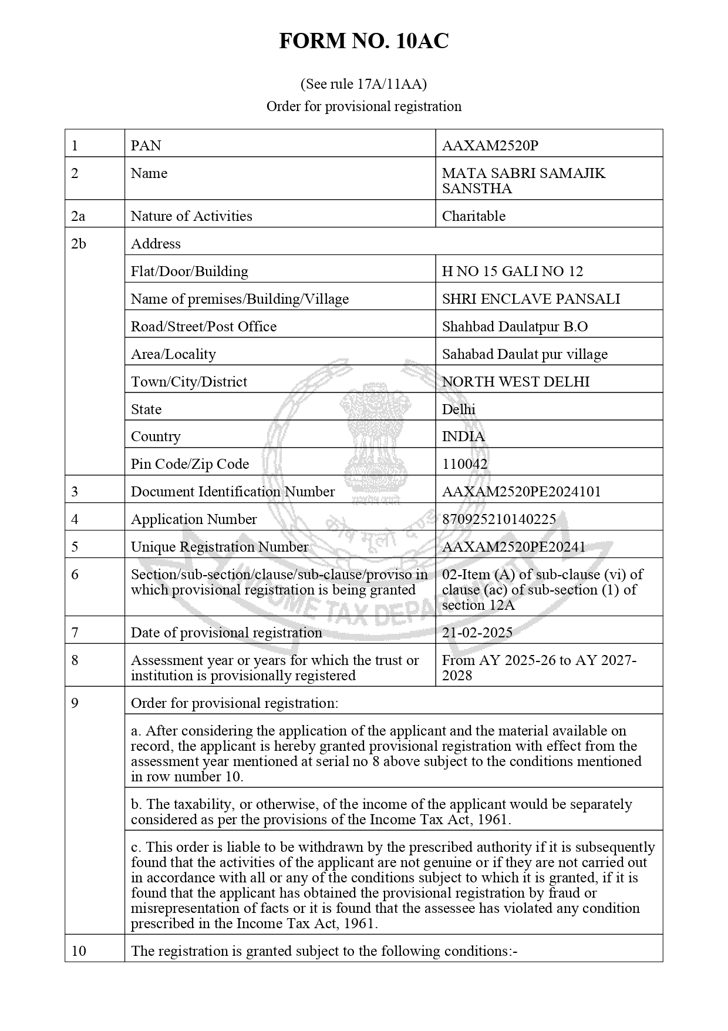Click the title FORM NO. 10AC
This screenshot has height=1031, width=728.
pyautogui.click(x=363, y=41)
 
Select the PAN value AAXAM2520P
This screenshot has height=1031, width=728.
pyautogui.click(x=490, y=146)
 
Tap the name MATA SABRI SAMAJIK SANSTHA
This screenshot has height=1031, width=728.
pyautogui.click(x=523, y=181)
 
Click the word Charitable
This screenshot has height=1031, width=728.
pyautogui.click(x=473, y=216)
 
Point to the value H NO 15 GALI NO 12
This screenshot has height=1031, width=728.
pyautogui.click(x=513, y=271)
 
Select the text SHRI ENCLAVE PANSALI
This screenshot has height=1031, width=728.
pyautogui.click(x=531, y=299)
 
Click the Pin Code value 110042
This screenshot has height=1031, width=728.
pyautogui.click(x=464, y=464)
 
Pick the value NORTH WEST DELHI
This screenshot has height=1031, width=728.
pyautogui.click(x=515, y=382)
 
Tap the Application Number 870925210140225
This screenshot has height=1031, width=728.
pyautogui.click(x=498, y=519)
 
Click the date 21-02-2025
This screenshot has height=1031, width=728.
pyautogui.click(x=477, y=633)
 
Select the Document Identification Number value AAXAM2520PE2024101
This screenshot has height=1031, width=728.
pyautogui.click(x=521, y=492)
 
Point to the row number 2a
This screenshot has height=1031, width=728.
pyautogui.click(x=78, y=216)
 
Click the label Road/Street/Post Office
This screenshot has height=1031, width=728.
pyautogui.click(x=203, y=327)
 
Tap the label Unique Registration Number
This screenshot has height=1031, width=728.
pyautogui.click(x=219, y=547)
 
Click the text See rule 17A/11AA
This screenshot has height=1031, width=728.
pyautogui.click(x=363, y=84)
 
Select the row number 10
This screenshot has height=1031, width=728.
pyautogui.click(x=79, y=951)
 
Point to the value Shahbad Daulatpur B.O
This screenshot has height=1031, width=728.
pyautogui.click(x=514, y=327)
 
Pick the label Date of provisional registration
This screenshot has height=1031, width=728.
pyautogui.click(x=226, y=633)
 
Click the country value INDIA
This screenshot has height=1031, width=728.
pyautogui.click(x=463, y=436)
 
